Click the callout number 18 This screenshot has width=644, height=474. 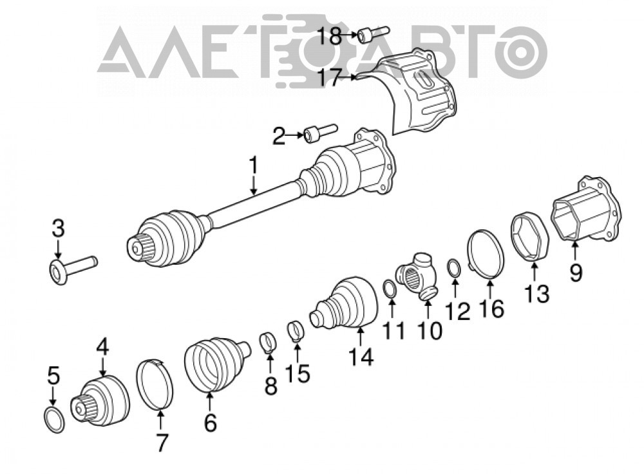click(331, 35)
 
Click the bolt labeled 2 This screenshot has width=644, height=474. click(320, 133)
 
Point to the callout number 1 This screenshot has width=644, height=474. click(254, 165)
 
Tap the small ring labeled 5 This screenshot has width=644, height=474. click(54, 419)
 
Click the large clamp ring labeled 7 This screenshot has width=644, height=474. click(155, 384)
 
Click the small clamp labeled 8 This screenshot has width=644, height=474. click(268, 343)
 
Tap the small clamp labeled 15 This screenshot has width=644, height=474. click(296, 331)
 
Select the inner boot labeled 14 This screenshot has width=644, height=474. click(344, 304)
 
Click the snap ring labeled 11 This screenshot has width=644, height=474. click(390, 288)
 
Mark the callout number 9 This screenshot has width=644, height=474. click(576, 272)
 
